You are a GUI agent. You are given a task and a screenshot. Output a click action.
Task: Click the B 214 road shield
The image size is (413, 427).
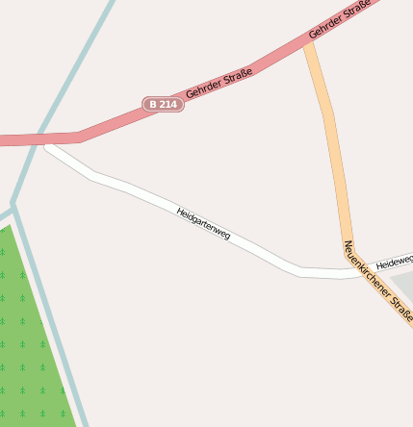pyautogui.click(x=163, y=103)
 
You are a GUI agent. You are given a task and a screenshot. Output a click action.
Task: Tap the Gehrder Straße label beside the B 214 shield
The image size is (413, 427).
pyautogui.click(x=219, y=82)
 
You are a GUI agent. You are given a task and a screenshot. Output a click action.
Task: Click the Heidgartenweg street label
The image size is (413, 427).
pyautogui.click(x=203, y=223)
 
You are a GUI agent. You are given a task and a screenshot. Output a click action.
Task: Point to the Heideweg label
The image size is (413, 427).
pyautogui.click(x=394, y=262)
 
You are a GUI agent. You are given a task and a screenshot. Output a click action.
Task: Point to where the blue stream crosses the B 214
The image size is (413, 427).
pyautogui.click(x=40, y=138)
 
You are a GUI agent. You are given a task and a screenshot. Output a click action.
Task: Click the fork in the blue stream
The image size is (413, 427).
pyautogui.click(x=13, y=206)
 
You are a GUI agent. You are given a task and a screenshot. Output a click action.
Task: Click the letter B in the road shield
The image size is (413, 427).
pyautogui.click(x=154, y=103)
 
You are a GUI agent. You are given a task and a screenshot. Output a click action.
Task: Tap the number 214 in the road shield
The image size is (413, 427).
pyautogui.click(x=168, y=103)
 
